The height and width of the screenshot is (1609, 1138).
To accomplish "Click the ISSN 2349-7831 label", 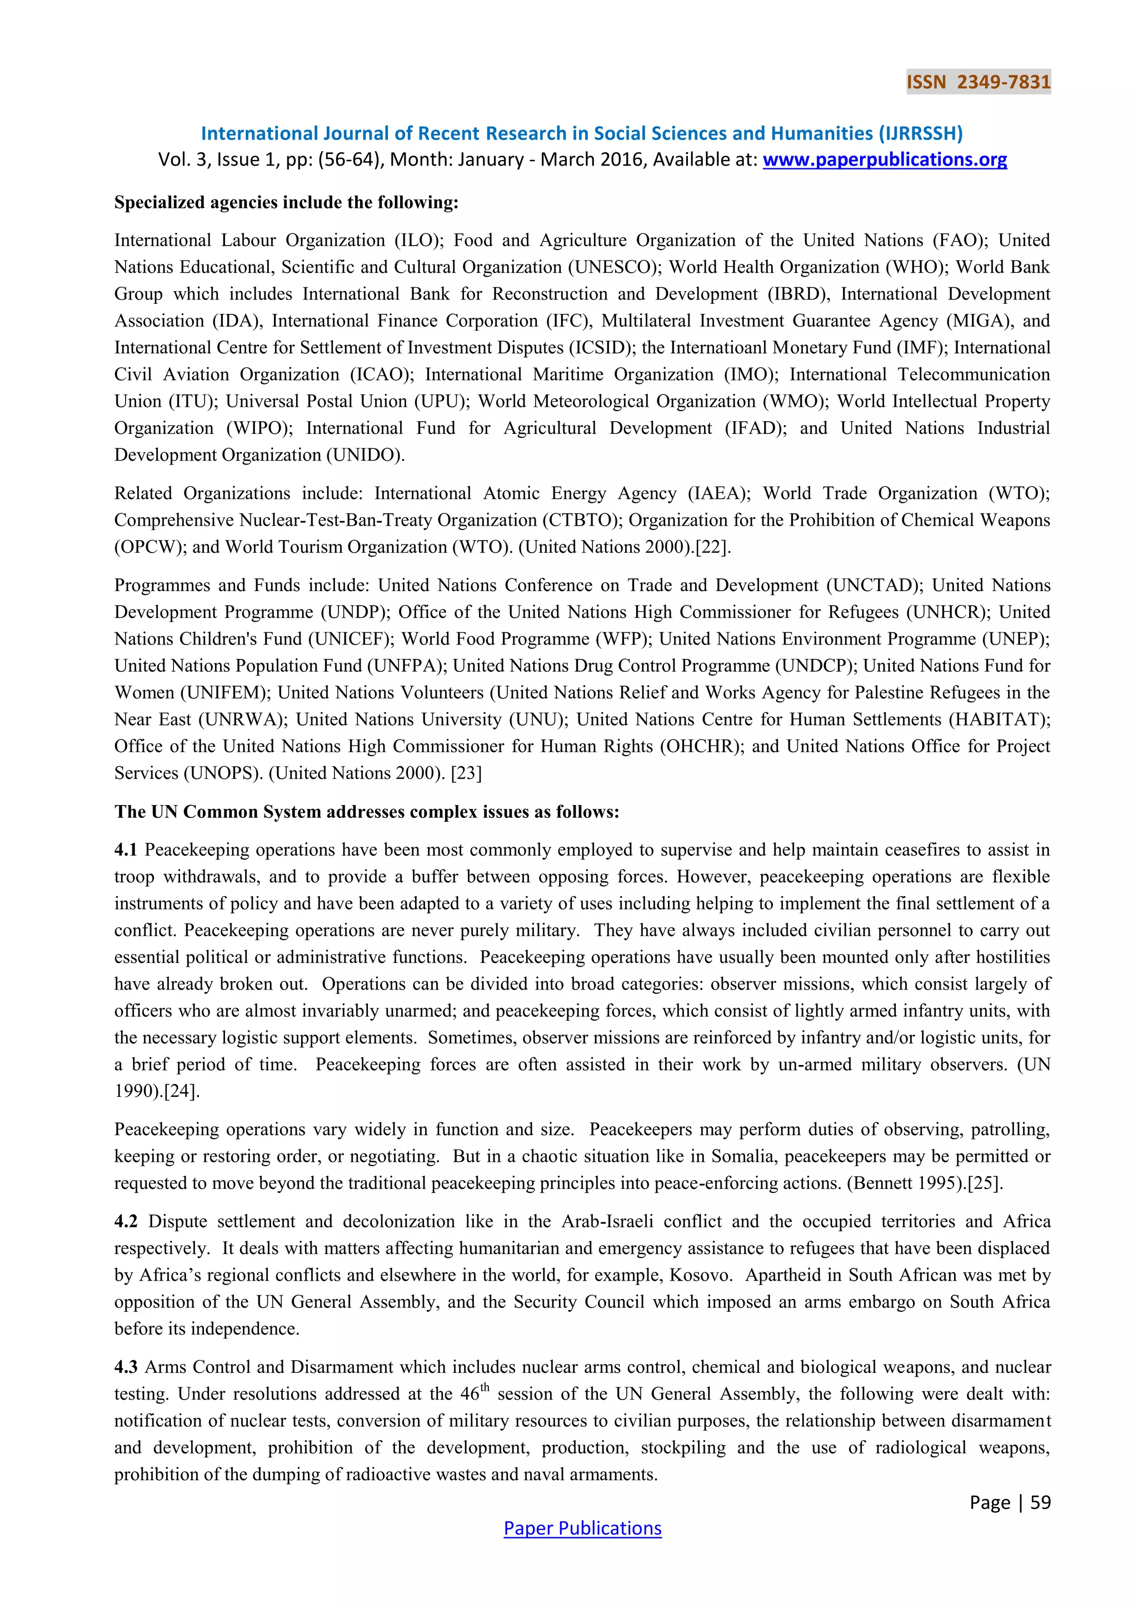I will [x=978, y=82].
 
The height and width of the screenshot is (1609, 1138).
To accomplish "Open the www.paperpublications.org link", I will [x=884, y=160].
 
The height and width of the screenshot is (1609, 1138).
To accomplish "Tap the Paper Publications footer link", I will [x=582, y=1528].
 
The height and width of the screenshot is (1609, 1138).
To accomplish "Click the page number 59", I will [x=1040, y=1502].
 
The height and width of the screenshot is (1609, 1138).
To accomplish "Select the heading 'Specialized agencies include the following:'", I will [x=286, y=203].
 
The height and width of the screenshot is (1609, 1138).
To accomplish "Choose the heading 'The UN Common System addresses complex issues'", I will [x=367, y=812].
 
